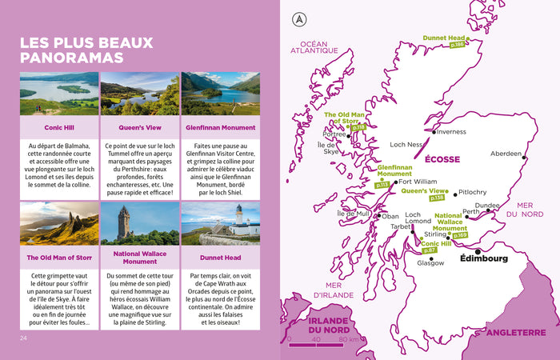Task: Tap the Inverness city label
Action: [451, 132]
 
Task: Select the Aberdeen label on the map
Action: [506, 153]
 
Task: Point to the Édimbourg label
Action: [485, 258]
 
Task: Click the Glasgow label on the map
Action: [430, 262]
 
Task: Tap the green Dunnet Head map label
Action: [444, 38]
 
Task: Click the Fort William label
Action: [418, 182]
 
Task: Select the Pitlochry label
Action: [473, 193]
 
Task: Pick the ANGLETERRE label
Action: [516, 330]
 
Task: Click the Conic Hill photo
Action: [59, 94]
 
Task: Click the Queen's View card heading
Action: [140, 127]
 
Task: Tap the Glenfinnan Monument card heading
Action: [221, 127]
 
